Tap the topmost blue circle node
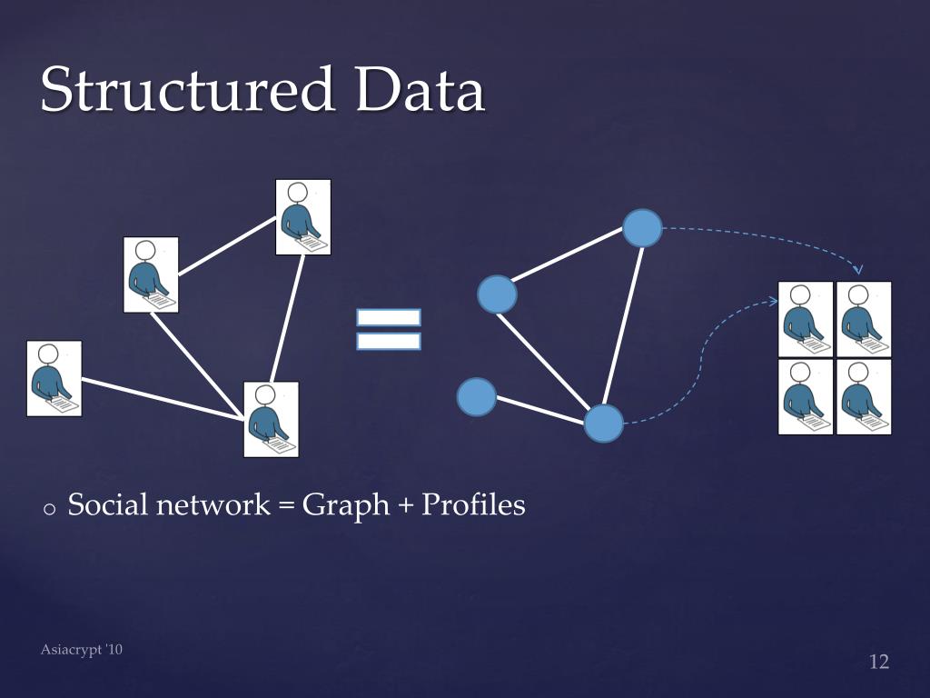642,228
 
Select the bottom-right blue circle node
603,423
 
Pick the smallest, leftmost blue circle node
476,396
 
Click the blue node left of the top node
497,294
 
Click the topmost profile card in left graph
302,216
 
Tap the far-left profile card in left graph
54,378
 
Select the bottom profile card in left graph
271,419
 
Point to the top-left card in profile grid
806,319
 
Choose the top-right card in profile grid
864,319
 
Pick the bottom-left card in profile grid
806,397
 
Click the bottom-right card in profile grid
864,397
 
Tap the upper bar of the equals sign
389,317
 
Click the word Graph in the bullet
345,505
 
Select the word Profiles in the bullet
473,505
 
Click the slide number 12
878,662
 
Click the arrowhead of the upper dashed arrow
859,269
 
